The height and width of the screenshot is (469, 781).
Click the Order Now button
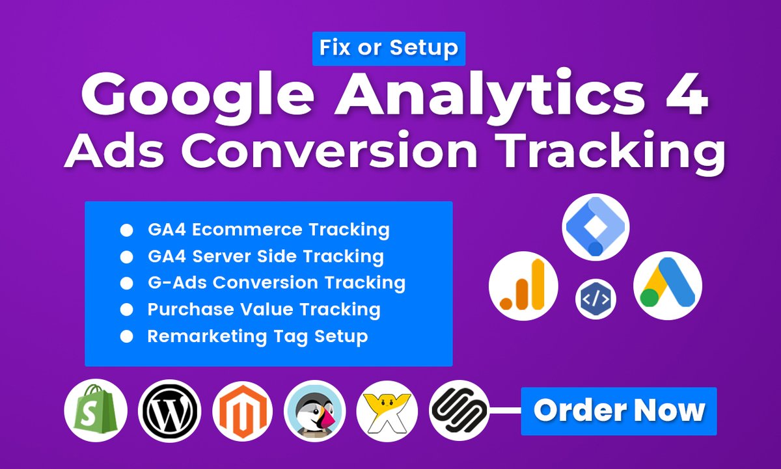click(618, 411)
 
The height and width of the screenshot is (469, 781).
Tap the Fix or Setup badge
click(389, 47)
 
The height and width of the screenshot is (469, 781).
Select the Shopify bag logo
click(96, 411)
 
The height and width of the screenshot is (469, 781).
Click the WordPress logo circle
click(170, 411)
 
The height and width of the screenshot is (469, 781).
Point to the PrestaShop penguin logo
click(315, 411)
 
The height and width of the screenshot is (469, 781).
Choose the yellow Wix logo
click(387, 411)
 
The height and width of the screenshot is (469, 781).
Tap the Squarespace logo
click(459, 411)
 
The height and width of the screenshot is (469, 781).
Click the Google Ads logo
click(667, 285)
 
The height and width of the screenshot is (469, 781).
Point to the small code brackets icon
click(596, 299)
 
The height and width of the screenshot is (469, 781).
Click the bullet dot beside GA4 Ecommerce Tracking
click(127, 230)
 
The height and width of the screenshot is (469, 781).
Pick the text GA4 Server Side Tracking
click(265, 256)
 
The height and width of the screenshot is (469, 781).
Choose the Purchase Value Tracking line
click(264, 310)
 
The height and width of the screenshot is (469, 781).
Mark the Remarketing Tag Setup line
click(258, 336)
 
